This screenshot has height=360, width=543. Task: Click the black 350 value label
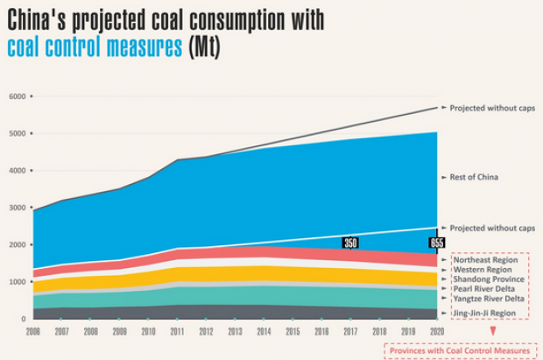pos(350,243)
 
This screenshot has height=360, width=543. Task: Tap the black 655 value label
pos(437,243)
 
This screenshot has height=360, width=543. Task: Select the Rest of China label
pos(474,178)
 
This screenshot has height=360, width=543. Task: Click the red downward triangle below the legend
pos(493,332)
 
